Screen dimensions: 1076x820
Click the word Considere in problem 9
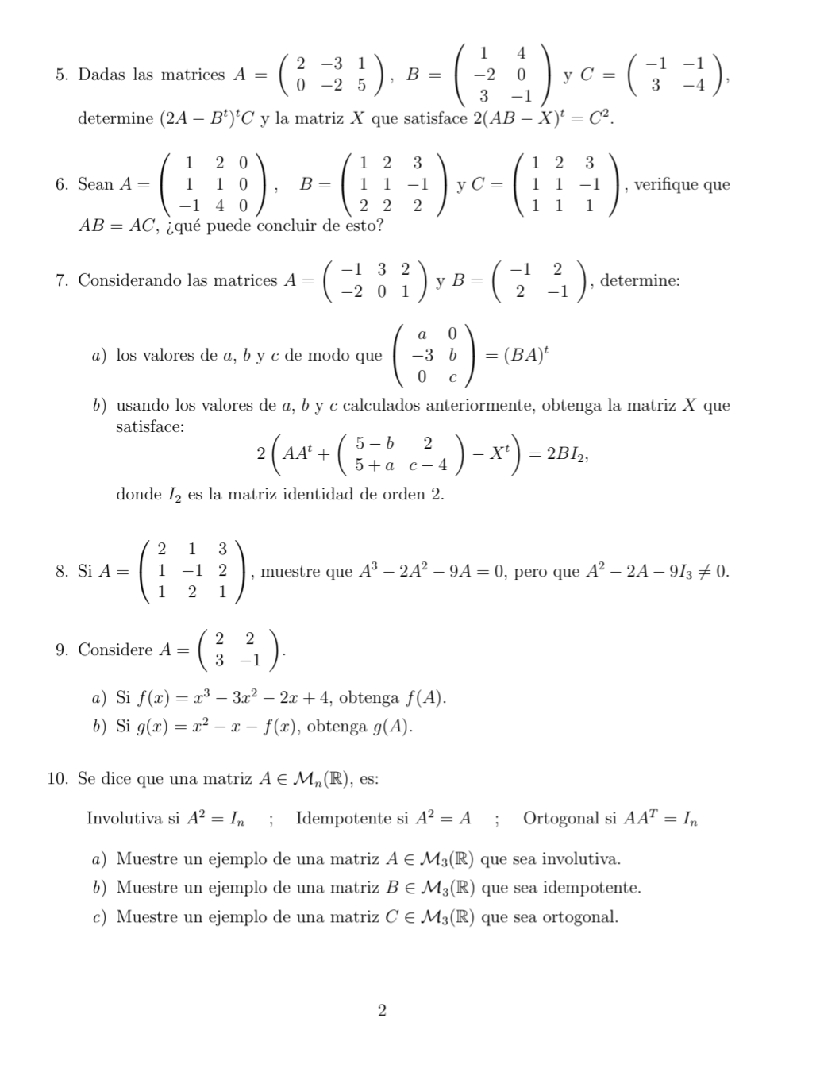coord(115,650)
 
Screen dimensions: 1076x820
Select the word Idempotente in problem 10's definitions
coord(344,819)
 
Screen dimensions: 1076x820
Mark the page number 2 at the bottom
coord(383,1011)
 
